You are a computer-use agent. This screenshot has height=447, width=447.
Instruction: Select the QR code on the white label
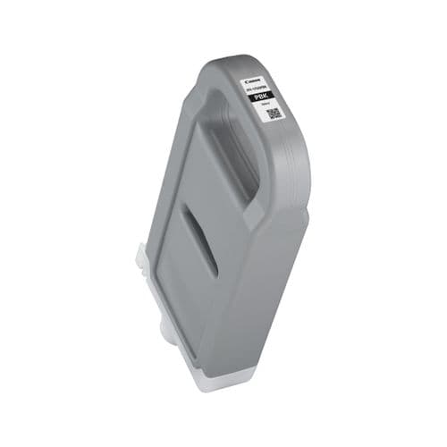[274, 113]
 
